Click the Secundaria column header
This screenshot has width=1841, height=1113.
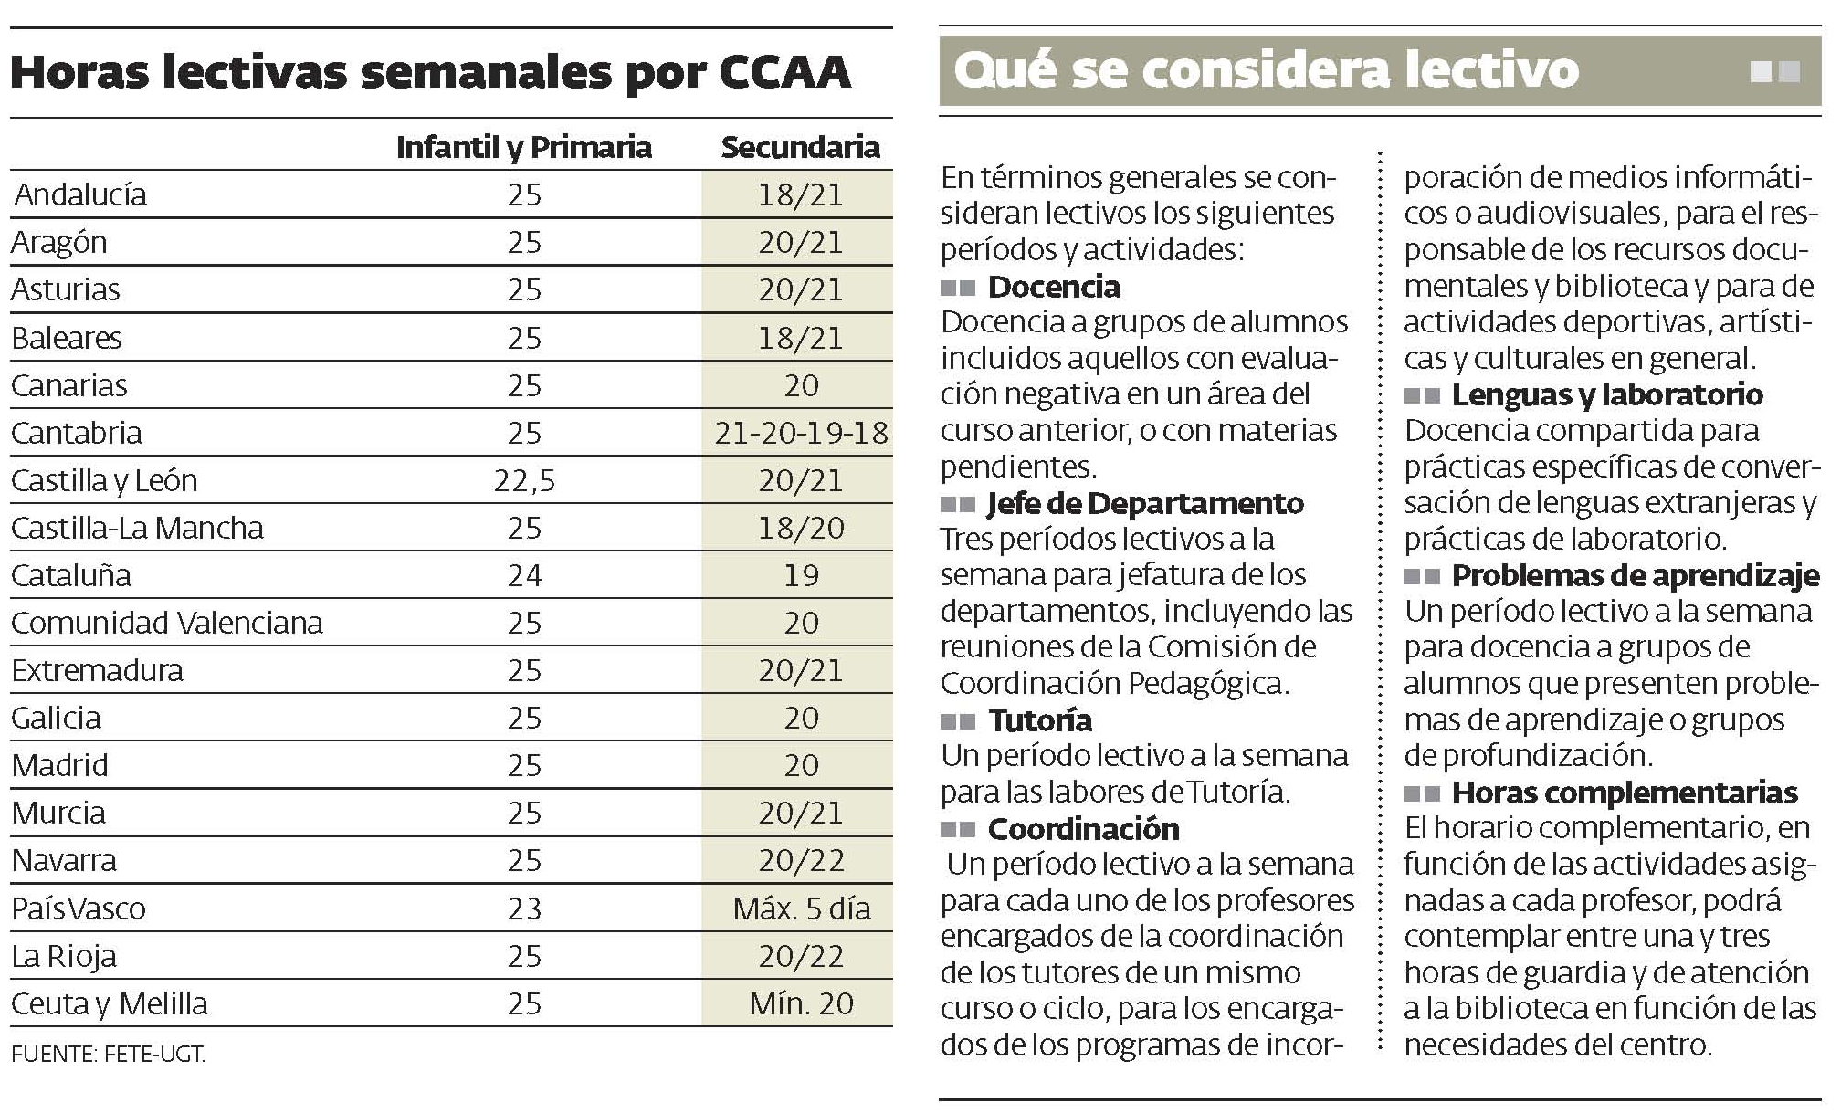click(800, 148)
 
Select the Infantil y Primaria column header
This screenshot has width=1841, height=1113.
click(523, 148)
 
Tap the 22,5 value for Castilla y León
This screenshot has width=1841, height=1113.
click(524, 480)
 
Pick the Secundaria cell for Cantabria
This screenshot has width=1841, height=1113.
click(801, 433)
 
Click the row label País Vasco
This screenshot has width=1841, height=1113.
click(79, 908)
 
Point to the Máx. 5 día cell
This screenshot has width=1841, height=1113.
click(801, 908)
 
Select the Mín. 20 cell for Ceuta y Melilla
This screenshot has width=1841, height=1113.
click(801, 1003)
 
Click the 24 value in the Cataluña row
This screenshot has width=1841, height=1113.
click(524, 575)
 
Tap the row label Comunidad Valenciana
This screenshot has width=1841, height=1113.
click(167, 623)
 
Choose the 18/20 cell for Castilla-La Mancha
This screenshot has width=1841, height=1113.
click(801, 528)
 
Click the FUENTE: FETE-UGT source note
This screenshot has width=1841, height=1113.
click(109, 1055)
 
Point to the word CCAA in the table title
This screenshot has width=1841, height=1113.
click(784, 73)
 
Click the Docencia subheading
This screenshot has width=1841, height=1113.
click(1054, 287)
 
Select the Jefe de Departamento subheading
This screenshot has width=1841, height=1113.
click(1145, 503)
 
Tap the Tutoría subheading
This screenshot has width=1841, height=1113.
click(1039, 720)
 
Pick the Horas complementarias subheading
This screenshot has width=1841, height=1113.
click(1625, 793)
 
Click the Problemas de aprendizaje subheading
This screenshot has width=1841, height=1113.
click(1635, 575)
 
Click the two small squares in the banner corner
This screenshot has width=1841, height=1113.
click(1774, 71)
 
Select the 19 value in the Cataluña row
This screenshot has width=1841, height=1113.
click(801, 575)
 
